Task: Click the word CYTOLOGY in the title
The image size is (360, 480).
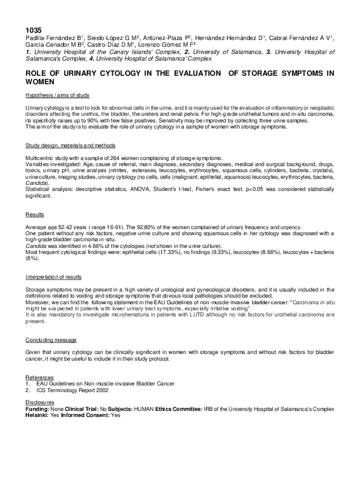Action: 113,73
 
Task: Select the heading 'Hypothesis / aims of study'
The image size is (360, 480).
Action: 58,96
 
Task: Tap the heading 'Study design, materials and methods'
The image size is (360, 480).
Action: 70,146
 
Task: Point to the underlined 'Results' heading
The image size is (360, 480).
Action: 35,215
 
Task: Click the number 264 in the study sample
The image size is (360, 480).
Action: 105,159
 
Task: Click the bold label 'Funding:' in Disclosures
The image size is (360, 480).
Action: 38,409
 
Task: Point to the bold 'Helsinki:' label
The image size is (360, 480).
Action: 38,415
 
